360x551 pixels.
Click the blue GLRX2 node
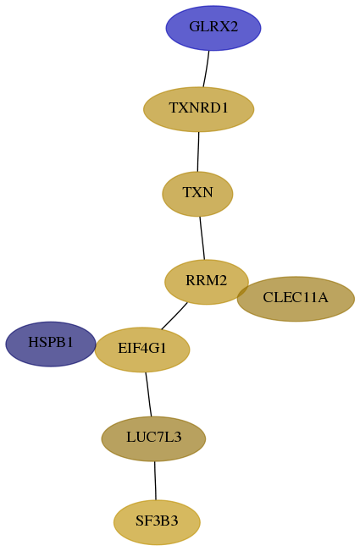tap(213, 28)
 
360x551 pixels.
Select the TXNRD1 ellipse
tap(198, 109)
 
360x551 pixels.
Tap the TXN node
tap(197, 194)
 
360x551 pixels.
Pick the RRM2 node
tap(207, 282)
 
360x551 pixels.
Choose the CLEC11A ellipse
tap(296, 299)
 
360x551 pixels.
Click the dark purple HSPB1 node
tap(51, 344)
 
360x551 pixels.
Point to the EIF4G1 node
tap(142, 350)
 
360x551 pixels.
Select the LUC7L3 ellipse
tap(153, 438)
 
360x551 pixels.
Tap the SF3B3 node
tap(157, 522)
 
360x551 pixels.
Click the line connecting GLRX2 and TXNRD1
tap(206, 69)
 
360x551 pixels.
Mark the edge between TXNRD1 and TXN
tap(198, 152)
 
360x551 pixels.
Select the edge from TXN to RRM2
tap(202, 238)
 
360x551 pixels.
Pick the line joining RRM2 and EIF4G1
tap(174, 317)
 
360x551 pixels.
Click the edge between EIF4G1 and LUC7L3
tap(148, 394)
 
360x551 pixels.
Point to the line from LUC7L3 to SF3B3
tap(155, 481)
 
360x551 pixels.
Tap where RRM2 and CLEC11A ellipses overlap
tap(243, 292)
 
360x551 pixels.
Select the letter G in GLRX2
tap(194, 27)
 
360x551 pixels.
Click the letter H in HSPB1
tap(33, 342)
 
